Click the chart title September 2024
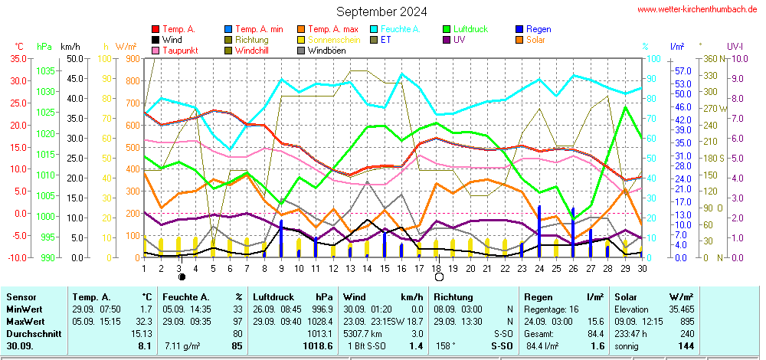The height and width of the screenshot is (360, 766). point(381,11)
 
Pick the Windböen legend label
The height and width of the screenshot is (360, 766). point(327,51)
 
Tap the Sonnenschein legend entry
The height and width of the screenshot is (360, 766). point(334,40)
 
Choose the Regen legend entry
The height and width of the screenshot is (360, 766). point(538,29)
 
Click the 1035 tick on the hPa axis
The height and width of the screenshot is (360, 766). point(45,70)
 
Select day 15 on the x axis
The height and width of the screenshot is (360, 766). point(385,267)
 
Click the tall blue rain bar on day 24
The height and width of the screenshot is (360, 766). point(539,231)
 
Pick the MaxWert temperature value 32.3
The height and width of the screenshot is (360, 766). point(144,322)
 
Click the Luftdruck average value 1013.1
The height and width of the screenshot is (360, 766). point(322,334)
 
